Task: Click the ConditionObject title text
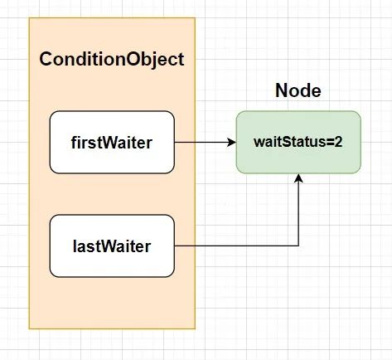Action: (112, 61)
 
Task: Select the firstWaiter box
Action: (112, 141)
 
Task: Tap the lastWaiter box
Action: (112, 245)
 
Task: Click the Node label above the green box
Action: (298, 91)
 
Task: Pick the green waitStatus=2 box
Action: (298, 142)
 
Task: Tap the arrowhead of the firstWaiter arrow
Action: (231, 142)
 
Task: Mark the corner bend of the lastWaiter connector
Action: (298, 245)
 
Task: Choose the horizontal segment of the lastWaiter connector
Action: (236, 245)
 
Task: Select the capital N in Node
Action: (281, 91)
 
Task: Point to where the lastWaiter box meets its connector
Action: (175, 245)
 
